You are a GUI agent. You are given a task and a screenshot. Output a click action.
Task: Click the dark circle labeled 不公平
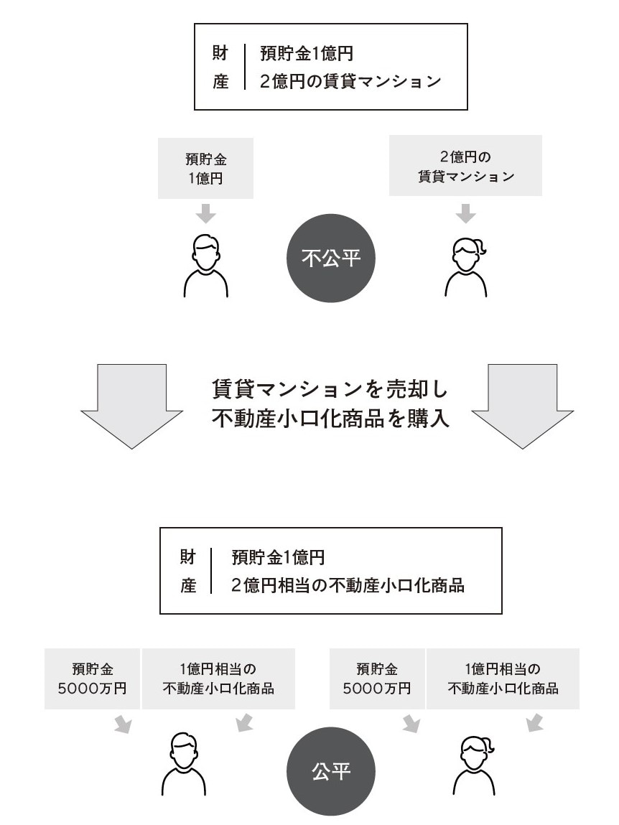(x=331, y=258)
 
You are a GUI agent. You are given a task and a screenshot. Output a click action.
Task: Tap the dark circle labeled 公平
(x=331, y=771)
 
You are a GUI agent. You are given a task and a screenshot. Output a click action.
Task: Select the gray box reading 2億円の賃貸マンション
(x=465, y=167)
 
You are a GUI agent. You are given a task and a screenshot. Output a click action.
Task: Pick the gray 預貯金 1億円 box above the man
(x=205, y=169)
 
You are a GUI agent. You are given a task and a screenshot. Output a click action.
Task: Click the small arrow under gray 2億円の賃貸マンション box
(x=466, y=213)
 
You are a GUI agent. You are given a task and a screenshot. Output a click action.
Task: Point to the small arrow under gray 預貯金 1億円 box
(x=206, y=213)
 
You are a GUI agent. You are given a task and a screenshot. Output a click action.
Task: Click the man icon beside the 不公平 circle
(x=206, y=266)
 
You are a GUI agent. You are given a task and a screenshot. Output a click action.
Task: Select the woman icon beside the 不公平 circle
(x=467, y=266)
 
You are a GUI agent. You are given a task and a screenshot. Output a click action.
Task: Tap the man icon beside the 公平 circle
(x=184, y=764)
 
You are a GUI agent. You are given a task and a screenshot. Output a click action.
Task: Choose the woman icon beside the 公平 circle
(x=474, y=764)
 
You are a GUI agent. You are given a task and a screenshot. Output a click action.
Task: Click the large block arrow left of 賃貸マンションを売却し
(x=132, y=404)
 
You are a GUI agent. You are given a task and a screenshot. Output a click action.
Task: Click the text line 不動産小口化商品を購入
(x=330, y=419)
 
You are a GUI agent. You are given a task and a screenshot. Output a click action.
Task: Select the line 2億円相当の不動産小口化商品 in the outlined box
(x=348, y=585)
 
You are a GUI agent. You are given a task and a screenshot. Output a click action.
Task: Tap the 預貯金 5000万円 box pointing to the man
(x=93, y=679)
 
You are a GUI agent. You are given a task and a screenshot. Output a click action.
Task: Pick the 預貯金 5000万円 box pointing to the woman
(x=377, y=679)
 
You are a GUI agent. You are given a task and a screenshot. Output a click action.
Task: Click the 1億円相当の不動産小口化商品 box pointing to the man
(x=218, y=679)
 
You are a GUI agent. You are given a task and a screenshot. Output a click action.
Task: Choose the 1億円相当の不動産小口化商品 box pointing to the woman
(x=503, y=679)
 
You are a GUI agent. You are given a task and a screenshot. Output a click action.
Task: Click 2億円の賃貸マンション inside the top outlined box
(x=350, y=81)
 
